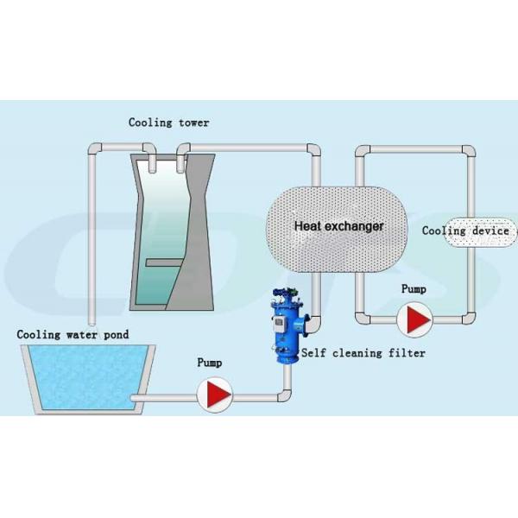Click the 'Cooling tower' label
(169, 123)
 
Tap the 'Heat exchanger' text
(339, 225)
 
